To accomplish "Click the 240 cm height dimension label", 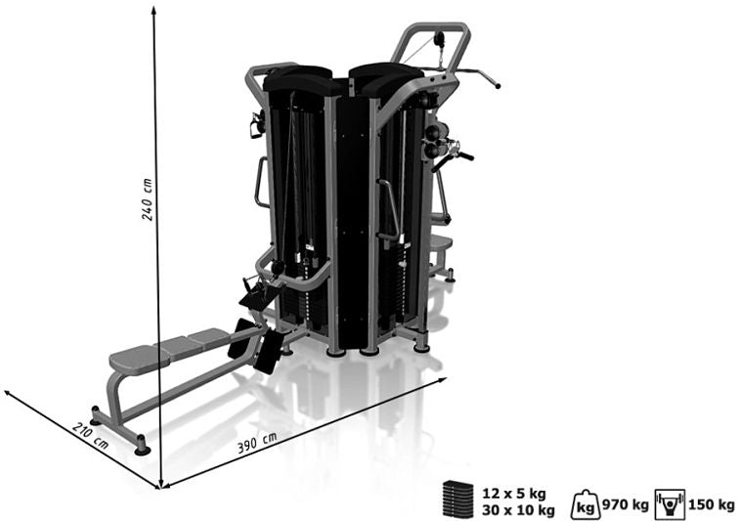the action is tap(148, 199).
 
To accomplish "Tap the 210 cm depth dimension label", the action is tap(90, 436).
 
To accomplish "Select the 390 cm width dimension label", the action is tap(256, 443).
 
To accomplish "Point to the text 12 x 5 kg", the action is tap(513, 494).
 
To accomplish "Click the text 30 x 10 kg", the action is tap(518, 509).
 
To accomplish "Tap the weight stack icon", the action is tap(457, 499).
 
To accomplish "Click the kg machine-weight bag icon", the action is tap(586, 504).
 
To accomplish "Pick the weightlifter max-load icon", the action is tap(670, 504).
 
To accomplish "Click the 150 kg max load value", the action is tap(711, 505).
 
